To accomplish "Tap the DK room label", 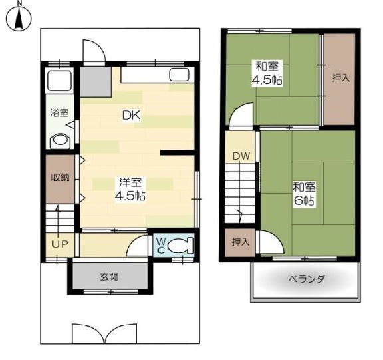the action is pos(132,115).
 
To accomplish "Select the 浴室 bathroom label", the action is pos(59,113).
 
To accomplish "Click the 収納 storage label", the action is pos(60,178).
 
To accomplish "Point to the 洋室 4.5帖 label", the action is pos(130,189).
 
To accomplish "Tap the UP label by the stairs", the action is pos(60,244).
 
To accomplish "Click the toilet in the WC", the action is pos(181,246).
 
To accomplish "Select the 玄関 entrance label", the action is pos(109,277).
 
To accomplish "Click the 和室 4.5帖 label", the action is pos(267,73).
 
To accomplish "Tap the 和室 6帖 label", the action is pos(305,194).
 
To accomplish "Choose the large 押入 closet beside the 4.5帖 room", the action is pos(340,79).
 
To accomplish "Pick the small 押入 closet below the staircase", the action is pos(240,242).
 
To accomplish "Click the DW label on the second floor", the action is pos(241,156).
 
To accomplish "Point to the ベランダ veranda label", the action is pos(307,279).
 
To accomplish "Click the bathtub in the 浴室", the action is pos(60,80).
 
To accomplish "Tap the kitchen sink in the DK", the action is pos(180,75).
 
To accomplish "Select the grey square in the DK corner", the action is pos(96,81).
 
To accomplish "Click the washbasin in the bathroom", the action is pos(60,141).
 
